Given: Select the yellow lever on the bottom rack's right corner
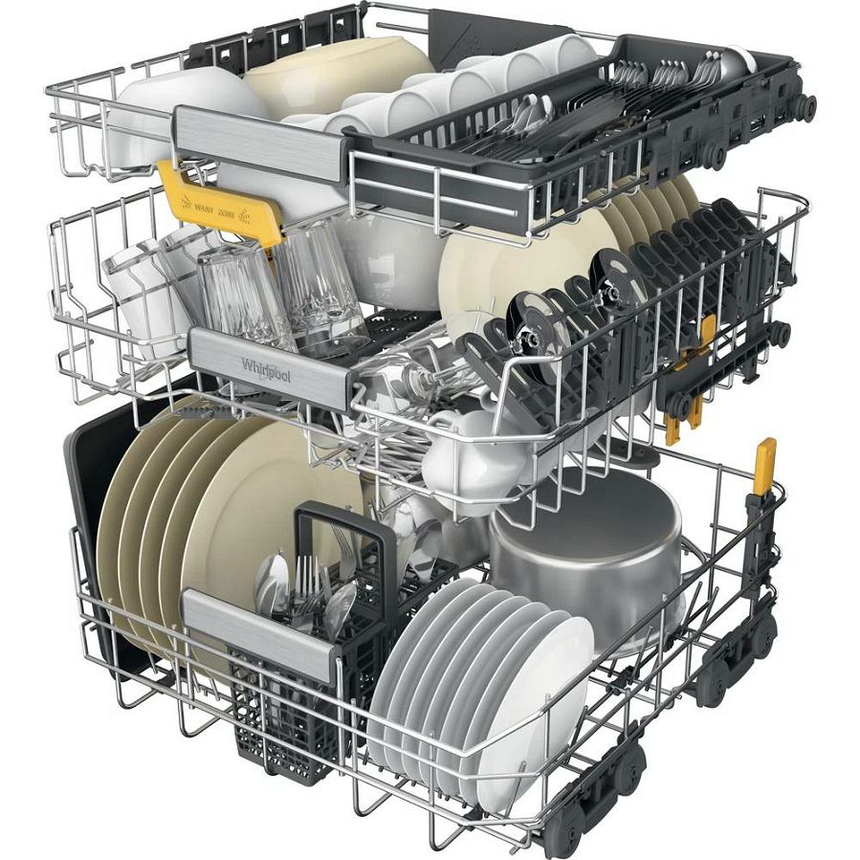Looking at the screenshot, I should [x=764, y=469].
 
